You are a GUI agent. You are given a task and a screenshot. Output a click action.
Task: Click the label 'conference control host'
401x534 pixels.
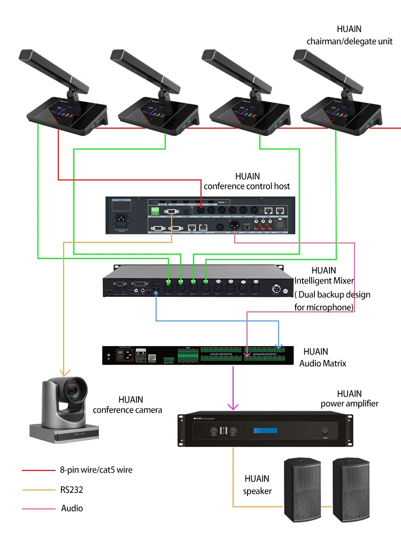[247, 186]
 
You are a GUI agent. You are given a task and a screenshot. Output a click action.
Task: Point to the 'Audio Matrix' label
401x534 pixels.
[322, 363]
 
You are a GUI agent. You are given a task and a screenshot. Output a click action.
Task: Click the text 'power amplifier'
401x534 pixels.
[349, 403]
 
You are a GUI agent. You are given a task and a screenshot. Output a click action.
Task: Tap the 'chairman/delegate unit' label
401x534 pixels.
[349, 41]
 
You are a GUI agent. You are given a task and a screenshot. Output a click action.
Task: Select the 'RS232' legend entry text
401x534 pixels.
[71, 489]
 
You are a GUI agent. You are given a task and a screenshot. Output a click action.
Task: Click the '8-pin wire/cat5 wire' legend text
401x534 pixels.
[96, 470]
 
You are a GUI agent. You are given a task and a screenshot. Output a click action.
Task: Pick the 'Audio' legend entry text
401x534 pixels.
[72, 508]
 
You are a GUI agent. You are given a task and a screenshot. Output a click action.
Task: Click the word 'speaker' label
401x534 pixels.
[257, 491]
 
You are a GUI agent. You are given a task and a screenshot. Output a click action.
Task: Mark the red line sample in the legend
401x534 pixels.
[38, 470]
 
